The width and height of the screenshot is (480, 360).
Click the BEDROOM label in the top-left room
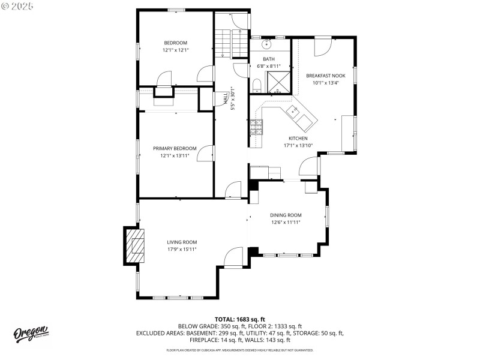click(176, 43)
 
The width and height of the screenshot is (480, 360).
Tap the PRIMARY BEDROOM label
click(175, 148)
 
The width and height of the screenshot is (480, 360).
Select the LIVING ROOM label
click(182, 242)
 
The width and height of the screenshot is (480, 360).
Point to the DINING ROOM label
click(286, 215)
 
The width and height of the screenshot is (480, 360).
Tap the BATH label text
click(268, 59)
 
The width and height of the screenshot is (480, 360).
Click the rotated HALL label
click(226, 99)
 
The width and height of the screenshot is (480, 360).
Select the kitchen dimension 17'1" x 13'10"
click(298, 145)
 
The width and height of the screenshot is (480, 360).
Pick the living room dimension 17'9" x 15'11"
click(182, 249)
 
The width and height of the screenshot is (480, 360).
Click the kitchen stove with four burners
click(256, 126)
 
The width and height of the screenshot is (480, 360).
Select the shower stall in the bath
click(279, 83)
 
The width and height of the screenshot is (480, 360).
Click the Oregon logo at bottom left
click(31, 332)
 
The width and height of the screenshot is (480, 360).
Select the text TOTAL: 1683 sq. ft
click(240, 319)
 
